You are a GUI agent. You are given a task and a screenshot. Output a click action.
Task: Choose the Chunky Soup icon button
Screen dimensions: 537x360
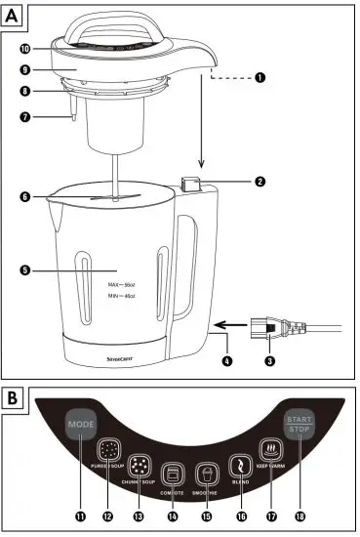[141, 465]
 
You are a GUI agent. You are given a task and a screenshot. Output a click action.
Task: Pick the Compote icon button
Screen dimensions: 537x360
[174, 474]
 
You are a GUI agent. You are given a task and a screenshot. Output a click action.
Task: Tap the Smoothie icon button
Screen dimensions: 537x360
[207, 474]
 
